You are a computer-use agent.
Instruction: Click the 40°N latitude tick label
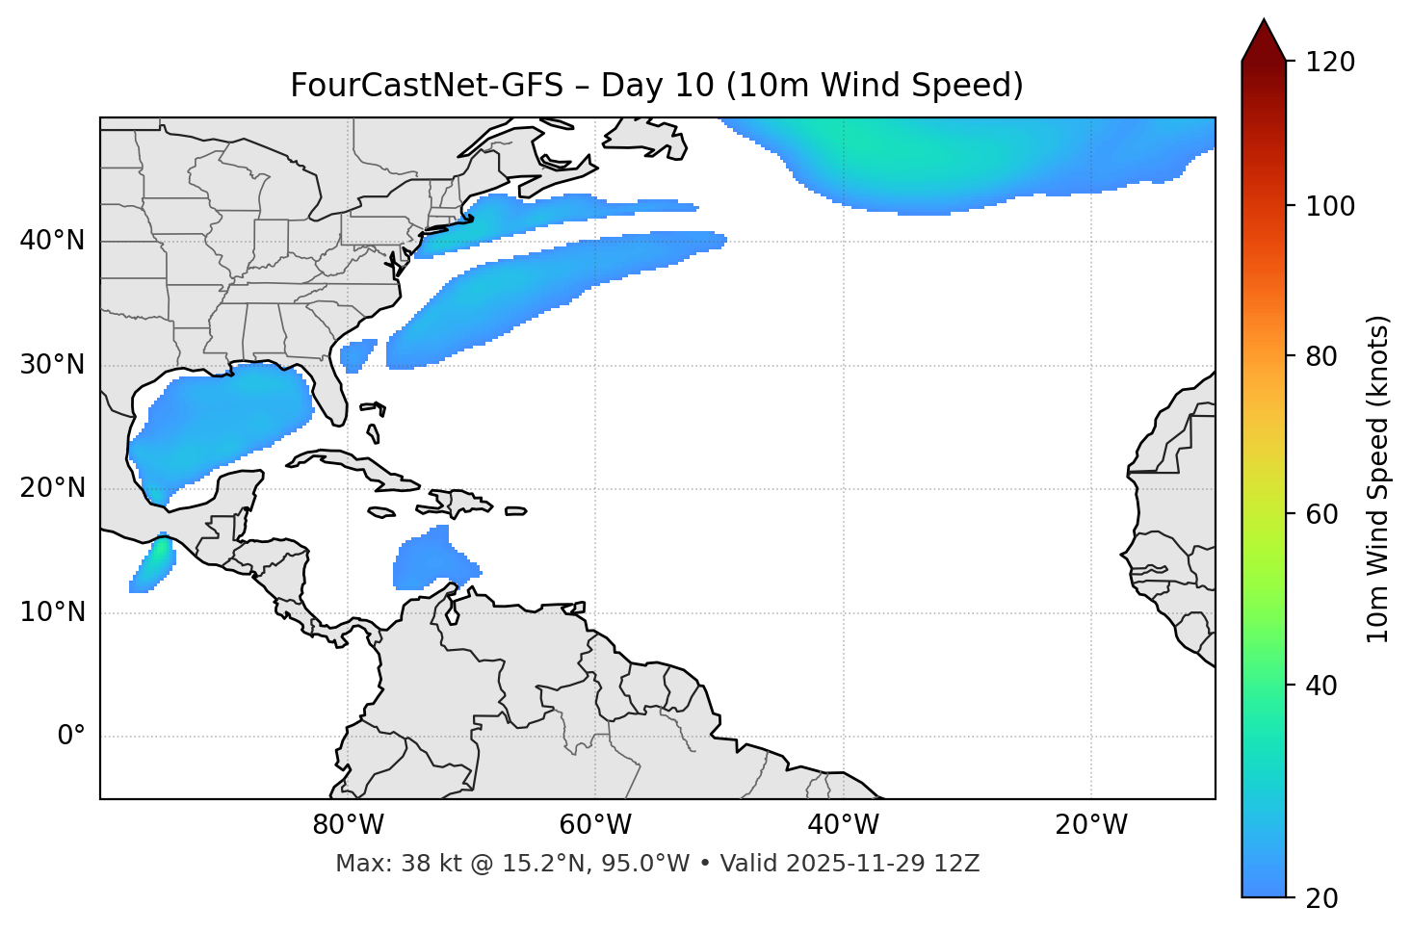[x=52, y=241]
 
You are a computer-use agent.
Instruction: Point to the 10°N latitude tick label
[x=52, y=612]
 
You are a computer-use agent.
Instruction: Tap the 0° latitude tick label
[x=71, y=737]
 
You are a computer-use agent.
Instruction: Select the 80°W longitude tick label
[x=348, y=825]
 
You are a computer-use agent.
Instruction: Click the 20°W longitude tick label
[x=1091, y=825]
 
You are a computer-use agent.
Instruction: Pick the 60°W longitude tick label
[x=595, y=825]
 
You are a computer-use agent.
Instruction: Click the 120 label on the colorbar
[x=1330, y=63]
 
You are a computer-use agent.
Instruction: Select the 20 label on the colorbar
[x=1322, y=898]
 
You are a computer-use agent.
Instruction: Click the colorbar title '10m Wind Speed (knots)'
[x=1378, y=479]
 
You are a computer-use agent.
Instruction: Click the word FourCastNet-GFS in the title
[x=426, y=86]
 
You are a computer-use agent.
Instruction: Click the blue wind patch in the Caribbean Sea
[x=429, y=563]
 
